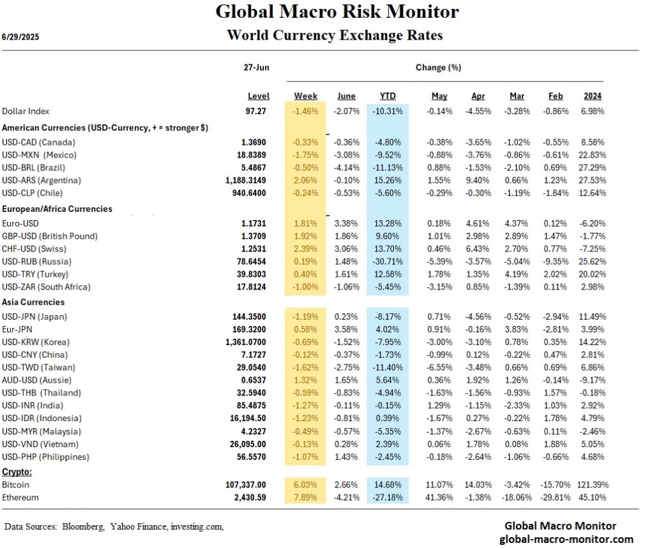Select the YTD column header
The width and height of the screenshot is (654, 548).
[388, 96]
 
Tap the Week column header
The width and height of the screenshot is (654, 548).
[306, 96]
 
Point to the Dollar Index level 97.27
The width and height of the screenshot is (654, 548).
[258, 111]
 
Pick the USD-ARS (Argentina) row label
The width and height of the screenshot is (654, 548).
[42, 180]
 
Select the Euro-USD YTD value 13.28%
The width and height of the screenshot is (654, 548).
[388, 223]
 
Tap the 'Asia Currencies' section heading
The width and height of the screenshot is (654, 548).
[33, 302]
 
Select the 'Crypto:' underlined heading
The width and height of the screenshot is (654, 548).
[17, 473]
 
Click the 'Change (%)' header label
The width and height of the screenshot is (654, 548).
[438, 67]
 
